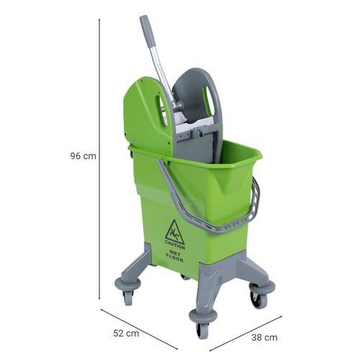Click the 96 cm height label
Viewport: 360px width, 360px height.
83,156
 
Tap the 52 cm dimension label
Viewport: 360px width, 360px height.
126,333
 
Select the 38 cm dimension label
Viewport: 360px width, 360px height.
264,338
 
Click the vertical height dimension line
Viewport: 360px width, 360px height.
99,159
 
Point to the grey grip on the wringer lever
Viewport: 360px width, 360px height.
148,31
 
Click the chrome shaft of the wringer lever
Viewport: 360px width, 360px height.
163,73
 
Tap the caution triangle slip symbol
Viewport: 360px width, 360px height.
174,232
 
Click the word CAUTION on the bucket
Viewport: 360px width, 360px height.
175,246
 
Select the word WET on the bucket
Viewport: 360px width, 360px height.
175,253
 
